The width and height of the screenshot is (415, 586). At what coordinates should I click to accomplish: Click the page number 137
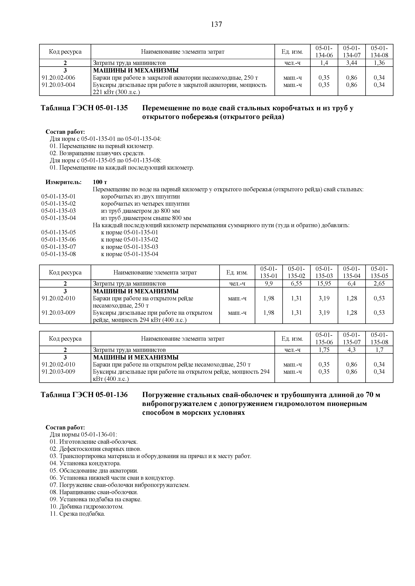click(x=216, y=25)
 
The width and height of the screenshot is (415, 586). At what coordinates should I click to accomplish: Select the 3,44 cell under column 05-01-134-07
click(x=351, y=63)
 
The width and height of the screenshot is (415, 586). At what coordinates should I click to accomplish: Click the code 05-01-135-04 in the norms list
click(x=59, y=218)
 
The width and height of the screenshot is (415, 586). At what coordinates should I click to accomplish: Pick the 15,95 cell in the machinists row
click(x=324, y=283)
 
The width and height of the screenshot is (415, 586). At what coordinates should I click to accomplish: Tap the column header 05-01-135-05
click(x=379, y=272)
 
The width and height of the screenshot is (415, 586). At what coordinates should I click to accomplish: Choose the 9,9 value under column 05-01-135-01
click(x=269, y=283)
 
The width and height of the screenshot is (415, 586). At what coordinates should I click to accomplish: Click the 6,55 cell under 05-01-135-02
click(x=296, y=283)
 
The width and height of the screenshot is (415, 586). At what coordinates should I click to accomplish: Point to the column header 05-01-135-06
click(x=324, y=339)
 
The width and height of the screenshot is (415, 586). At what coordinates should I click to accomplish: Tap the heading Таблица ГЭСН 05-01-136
click(x=84, y=395)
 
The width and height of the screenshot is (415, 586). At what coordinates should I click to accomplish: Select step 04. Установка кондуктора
click(x=85, y=463)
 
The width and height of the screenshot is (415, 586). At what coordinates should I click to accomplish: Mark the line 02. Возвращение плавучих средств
click(x=97, y=153)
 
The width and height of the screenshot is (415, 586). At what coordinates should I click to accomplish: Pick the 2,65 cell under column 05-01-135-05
click(x=379, y=283)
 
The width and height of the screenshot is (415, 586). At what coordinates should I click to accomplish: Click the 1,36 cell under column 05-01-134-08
click(x=379, y=63)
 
